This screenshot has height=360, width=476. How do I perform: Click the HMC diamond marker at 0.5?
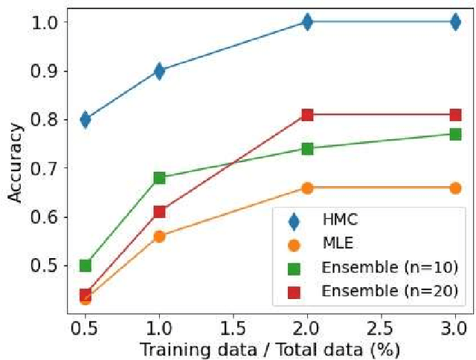[86, 119]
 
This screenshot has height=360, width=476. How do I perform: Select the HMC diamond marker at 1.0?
[159, 71]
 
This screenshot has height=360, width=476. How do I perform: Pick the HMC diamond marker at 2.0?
[307, 22]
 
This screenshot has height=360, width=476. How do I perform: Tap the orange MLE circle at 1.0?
[159, 236]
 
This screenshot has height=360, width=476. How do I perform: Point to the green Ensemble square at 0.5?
[86, 266]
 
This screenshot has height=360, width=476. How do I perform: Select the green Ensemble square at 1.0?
[159, 178]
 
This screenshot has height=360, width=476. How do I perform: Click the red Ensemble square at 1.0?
[159, 212]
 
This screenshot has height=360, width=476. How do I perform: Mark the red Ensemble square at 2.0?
[307, 115]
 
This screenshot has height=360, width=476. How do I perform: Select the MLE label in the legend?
[335, 244]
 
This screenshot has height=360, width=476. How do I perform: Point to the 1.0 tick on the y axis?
[53, 22]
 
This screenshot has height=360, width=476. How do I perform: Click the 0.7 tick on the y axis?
[53, 168]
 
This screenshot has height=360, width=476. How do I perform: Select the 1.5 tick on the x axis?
[233, 328]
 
